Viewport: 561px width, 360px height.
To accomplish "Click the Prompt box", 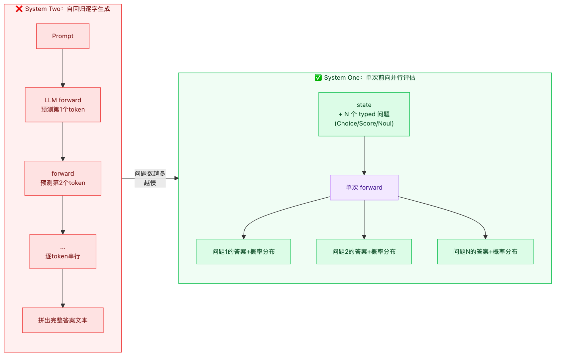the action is [x=63, y=36].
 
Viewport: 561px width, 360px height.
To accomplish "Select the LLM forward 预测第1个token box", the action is [x=63, y=105].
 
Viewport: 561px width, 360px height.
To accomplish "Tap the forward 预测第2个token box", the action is [x=63, y=178].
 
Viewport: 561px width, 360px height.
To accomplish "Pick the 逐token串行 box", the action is [x=63, y=252].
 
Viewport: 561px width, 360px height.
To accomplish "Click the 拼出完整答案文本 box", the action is [x=63, y=320].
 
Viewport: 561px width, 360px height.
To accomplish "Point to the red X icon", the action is [x=19, y=9].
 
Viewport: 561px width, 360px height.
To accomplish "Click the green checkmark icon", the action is [x=318, y=78].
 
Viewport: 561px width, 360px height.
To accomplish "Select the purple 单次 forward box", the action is [x=364, y=188].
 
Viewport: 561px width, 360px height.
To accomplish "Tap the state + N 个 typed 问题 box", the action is [x=364, y=114].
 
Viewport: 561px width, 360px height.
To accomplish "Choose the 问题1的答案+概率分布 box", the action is [x=244, y=252].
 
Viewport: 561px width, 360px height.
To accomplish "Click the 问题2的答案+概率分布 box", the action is [x=364, y=252].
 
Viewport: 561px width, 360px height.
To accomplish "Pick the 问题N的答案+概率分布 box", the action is [x=485, y=252].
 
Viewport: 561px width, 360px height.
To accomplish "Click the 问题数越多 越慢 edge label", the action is [x=150, y=178].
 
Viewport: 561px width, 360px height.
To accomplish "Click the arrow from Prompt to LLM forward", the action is [x=63, y=68].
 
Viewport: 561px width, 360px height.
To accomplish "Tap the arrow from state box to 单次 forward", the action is [x=364, y=155].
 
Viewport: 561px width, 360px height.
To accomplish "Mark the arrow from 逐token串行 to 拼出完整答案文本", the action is [x=63, y=288].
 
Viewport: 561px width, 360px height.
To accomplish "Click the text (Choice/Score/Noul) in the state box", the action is [x=364, y=124].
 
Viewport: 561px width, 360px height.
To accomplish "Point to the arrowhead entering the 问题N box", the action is [x=485, y=237].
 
